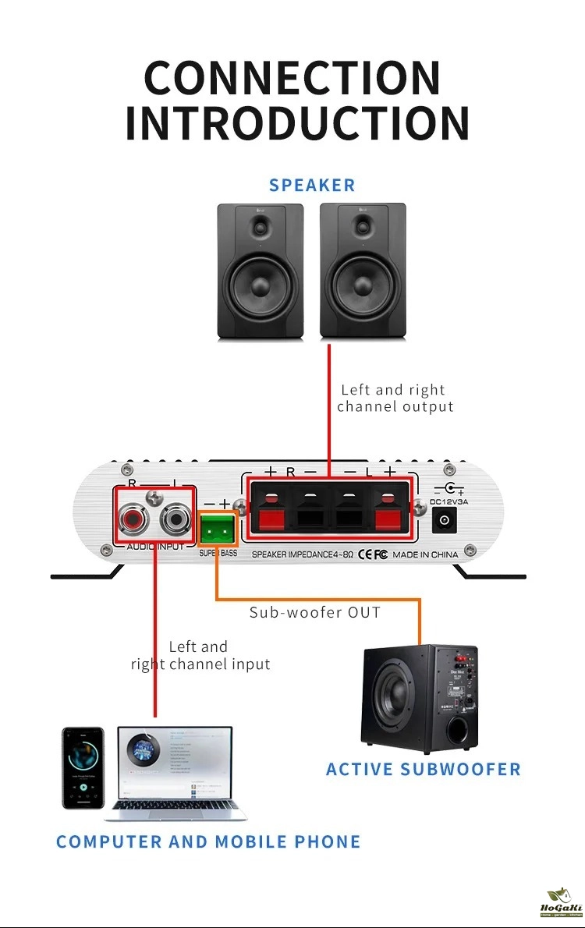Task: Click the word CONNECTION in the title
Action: point(292,78)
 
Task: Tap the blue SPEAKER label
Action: point(312,186)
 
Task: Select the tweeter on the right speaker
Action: point(362,228)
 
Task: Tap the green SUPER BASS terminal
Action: point(218,531)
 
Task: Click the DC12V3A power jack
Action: point(445,520)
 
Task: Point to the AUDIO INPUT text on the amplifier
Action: point(155,547)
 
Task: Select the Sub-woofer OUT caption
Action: point(315,612)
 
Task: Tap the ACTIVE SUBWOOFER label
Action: point(423,770)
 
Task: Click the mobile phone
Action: point(83,767)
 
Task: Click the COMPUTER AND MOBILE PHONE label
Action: point(208,842)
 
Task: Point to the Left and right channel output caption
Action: point(395,398)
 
